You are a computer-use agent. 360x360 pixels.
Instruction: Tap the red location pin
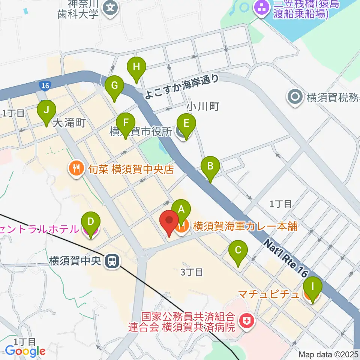pyautogui.click(x=169, y=223)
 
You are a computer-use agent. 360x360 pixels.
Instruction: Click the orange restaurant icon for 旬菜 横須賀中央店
pyautogui.click(x=76, y=169)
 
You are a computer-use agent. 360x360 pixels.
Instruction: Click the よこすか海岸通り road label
pyautogui.click(x=181, y=86)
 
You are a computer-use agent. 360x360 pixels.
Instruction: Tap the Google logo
pyautogui.click(x=25, y=351)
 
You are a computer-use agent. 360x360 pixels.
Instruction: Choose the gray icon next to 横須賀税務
pyautogui.click(x=295, y=97)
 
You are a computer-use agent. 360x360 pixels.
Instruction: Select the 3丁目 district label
pyautogui.click(x=192, y=272)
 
